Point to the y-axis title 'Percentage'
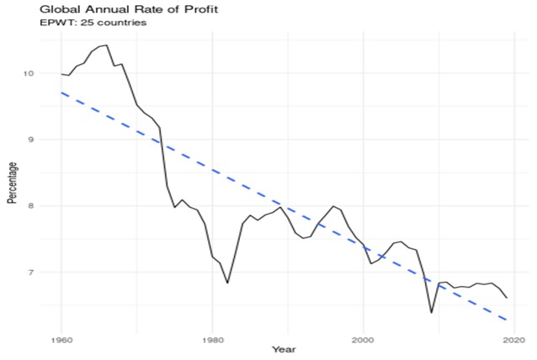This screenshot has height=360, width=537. point(12,184)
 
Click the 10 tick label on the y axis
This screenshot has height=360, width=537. point(29,73)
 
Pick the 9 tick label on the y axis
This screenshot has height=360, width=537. point(31,140)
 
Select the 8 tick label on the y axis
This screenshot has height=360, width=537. point(31,205)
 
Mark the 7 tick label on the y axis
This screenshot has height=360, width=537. point(31,272)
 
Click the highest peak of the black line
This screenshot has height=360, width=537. point(106,45)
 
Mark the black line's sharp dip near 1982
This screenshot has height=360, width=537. point(227,283)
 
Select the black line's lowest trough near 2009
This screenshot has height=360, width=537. point(431,313)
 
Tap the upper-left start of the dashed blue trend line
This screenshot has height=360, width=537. point(61,93)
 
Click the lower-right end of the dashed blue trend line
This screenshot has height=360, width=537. point(507,320)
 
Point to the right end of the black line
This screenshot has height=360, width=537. point(507,298)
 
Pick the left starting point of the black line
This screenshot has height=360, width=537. point(61,74)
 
